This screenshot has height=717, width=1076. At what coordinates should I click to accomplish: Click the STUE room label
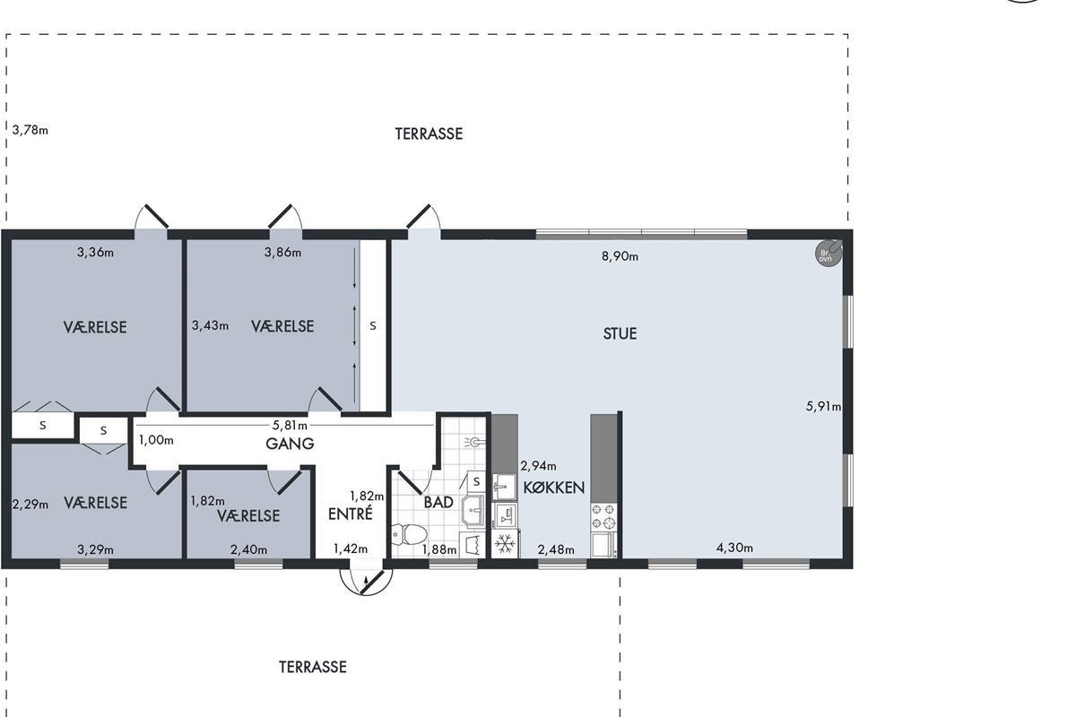click(620, 333)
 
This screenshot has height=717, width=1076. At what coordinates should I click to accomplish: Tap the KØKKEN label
click(554, 488)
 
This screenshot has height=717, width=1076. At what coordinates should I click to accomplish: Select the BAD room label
click(438, 502)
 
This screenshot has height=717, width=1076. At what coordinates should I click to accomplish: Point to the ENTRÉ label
click(351, 514)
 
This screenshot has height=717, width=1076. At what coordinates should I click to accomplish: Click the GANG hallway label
click(290, 444)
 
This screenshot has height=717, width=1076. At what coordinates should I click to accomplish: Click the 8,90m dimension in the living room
click(620, 256)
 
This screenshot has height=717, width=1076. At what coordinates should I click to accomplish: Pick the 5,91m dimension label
click(823, 407)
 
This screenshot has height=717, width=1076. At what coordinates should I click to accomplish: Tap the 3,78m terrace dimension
click(30, 130)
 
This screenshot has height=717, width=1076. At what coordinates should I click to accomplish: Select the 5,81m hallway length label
click(290, 425)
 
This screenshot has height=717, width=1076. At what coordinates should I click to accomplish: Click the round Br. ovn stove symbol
click(829, 253)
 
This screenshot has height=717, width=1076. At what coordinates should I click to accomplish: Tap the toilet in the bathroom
click(409, 534)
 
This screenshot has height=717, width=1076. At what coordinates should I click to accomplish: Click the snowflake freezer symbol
click(505, 544)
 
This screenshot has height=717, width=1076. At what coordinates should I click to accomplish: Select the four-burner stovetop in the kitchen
click(603, 516)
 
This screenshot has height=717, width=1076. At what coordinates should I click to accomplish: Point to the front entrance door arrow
click(365, 584)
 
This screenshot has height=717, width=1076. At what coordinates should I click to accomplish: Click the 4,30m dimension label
click(734, 548)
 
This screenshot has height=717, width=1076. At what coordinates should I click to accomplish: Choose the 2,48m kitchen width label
click(556, 550)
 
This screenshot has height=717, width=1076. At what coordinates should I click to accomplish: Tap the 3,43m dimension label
click(210, 325)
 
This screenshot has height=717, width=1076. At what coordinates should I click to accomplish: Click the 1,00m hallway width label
click(156, 440)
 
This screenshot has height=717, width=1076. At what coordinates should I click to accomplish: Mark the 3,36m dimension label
click(95, 252)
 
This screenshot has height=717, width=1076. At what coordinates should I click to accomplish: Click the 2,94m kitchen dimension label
click(538, 466)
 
